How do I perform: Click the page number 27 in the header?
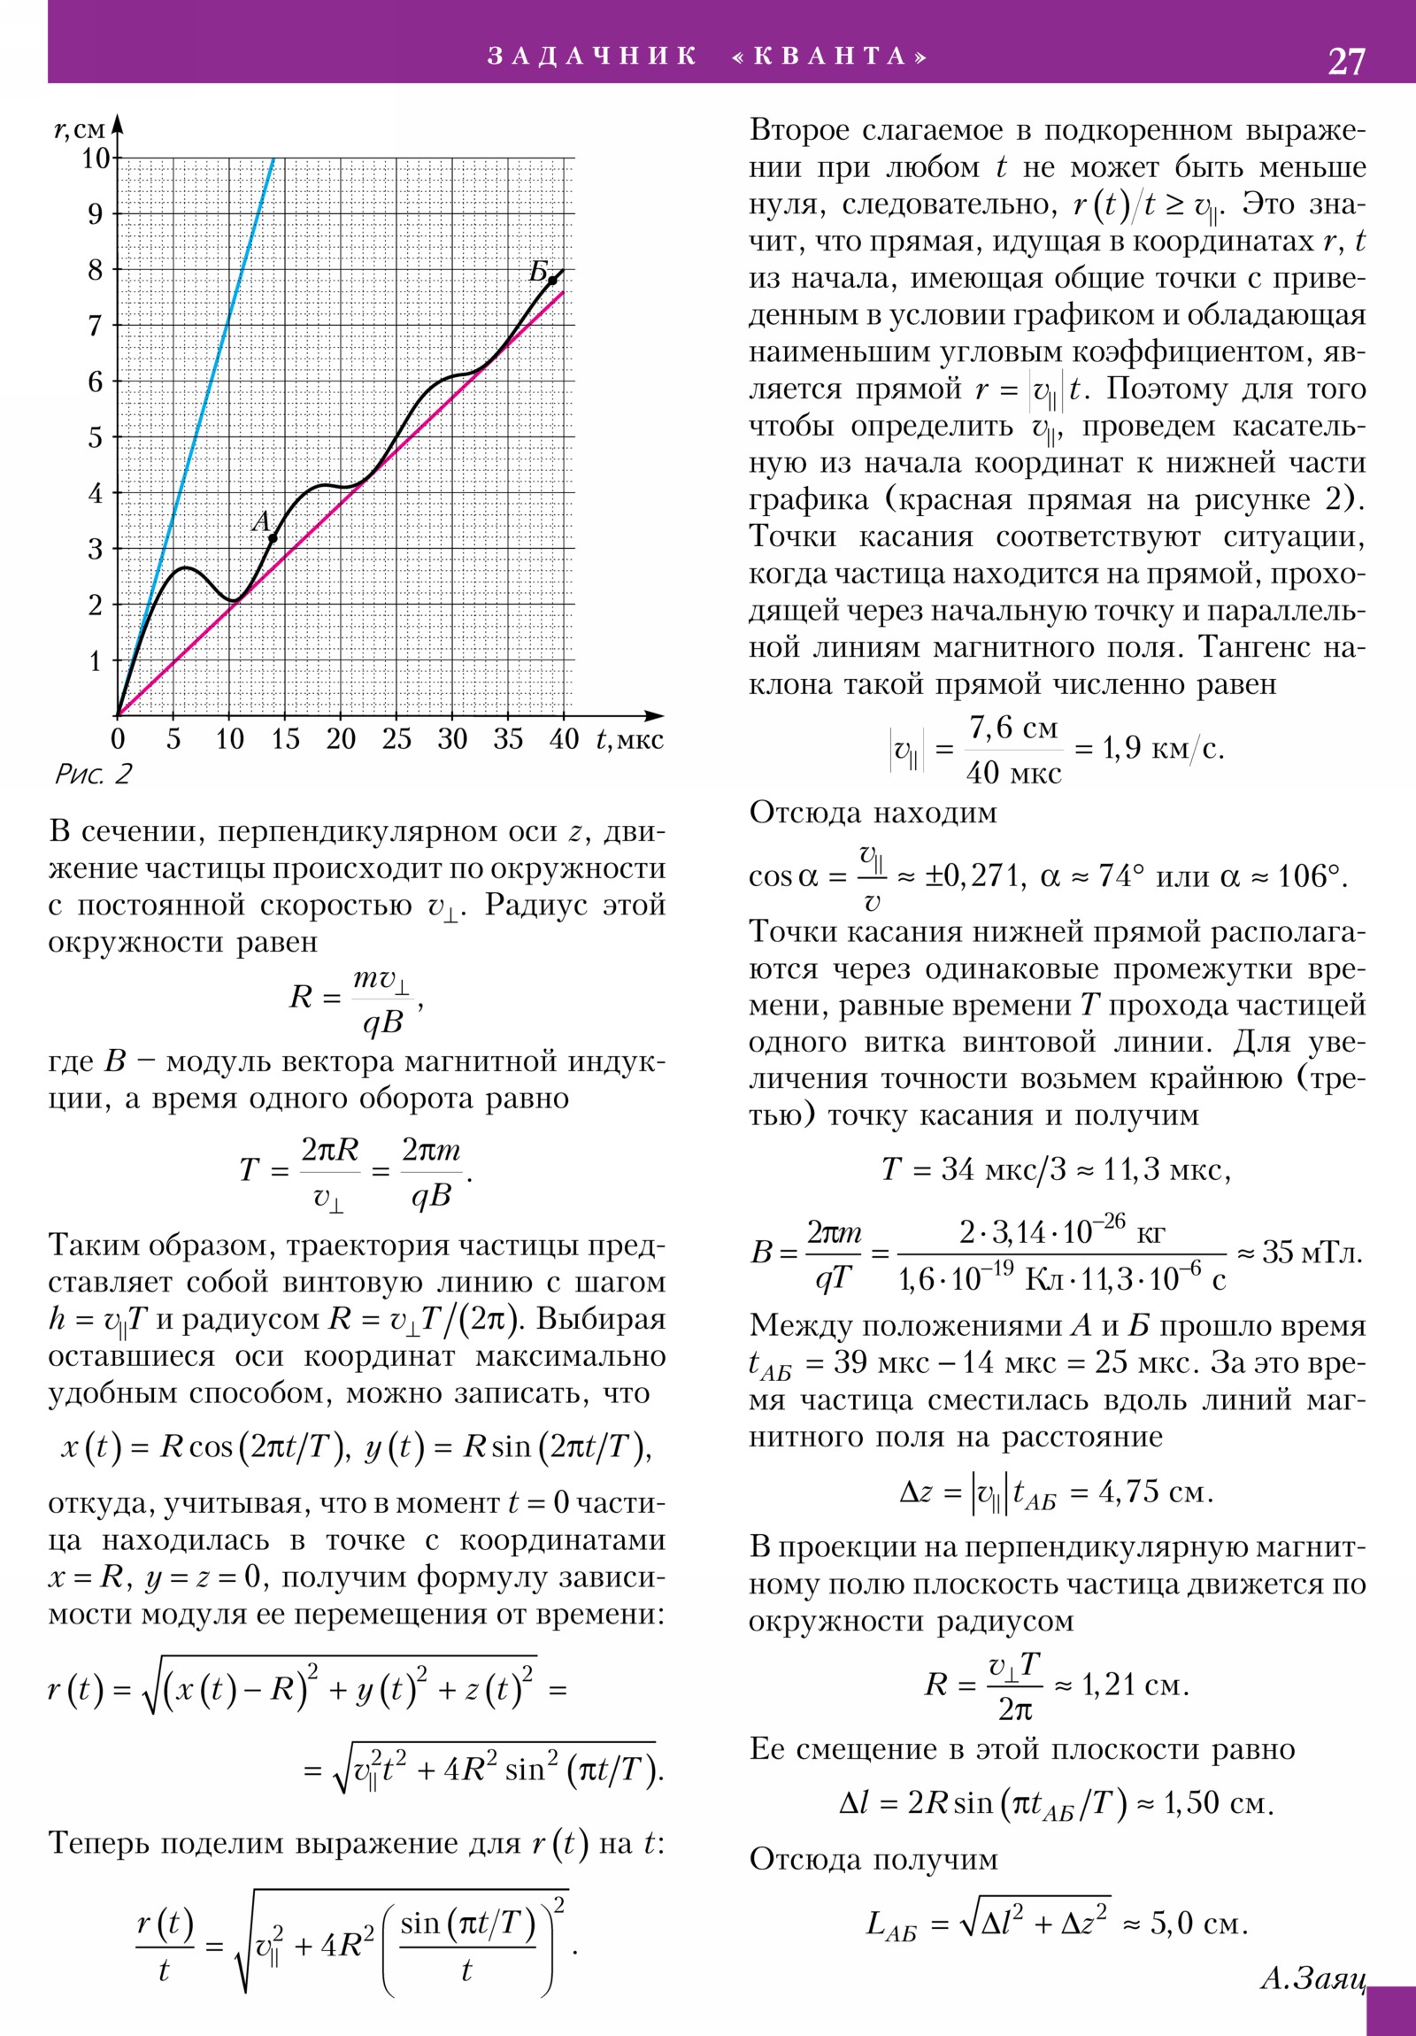coord(1346,61)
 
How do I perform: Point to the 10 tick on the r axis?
coord(96,158)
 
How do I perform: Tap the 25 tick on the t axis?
coord(396,739)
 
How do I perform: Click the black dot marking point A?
coord(273,538)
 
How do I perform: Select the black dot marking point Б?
coord(551,281)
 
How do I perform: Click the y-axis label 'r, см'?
coord(80,130)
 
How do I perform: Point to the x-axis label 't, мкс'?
coord(629,739)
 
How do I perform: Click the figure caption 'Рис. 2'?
coord(92,775)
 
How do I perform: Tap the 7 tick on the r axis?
coord(96,327)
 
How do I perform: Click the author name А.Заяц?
coord(1312,1978)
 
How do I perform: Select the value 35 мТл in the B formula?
coord(1312,1252)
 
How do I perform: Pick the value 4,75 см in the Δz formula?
coord(1155,1492)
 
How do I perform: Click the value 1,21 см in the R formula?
coord(1135,1685)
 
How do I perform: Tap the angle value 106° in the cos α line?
coord(1309,877)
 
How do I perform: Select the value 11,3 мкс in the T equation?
coord(1165,1170)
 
